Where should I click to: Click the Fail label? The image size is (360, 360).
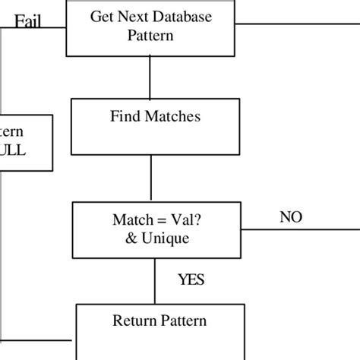click(29, 21)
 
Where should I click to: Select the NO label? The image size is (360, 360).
click(290, 218)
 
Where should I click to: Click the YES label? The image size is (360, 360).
click(191, 280)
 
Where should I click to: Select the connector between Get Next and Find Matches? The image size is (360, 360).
click(150, 77)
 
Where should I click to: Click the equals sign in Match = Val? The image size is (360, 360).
click(153, 222)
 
